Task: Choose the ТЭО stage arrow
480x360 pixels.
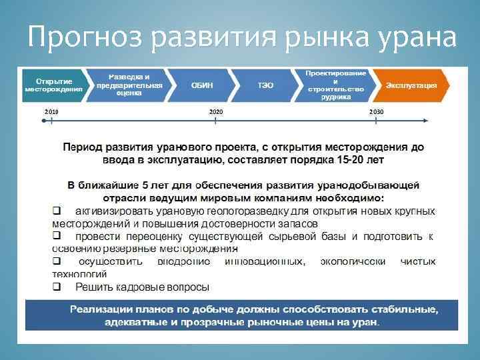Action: pyautogui.click(x=265, y=85)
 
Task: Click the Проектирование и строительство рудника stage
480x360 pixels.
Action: pyautogui.click(x=335, y=84)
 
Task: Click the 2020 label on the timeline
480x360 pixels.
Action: pyautogui.click(x=216, y=111)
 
